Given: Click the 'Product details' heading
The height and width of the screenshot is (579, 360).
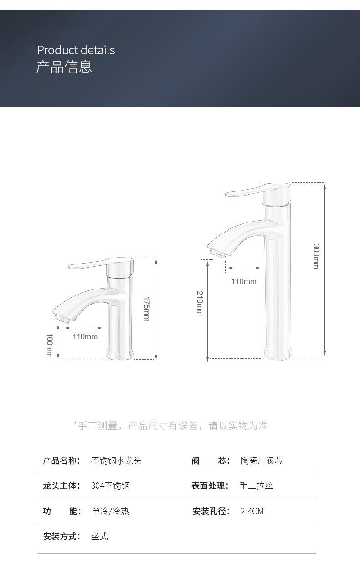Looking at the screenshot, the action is pyautogui.click(x=76, y=50).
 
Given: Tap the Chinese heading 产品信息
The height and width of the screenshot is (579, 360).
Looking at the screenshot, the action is pyautogui.click(x=64, y=67).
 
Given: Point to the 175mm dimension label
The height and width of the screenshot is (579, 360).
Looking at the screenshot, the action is pyautogui.click(x=146, y=309).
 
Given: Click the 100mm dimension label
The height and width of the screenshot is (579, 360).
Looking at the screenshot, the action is pyautogui.click(x=49, y=345).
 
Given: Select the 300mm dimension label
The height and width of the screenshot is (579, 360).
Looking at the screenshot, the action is pyautogui.click(x=315, y=256).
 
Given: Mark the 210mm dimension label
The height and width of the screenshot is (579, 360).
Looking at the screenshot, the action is pyautogui.click(x=199, y=303).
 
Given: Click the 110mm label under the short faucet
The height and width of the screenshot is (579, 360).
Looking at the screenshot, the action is pyautogui.click(x=85, y=336).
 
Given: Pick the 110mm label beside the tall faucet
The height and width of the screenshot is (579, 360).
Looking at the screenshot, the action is pyautogui.click(x=244, y=281).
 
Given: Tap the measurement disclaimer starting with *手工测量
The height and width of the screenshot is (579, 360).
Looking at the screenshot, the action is pyautogui.click(x=171, y=426).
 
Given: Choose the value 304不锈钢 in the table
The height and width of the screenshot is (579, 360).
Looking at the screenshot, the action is pyautogui.click(x=110, y=486).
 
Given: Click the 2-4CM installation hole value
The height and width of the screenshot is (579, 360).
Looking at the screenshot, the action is pyautogui.click(x=252, y=511).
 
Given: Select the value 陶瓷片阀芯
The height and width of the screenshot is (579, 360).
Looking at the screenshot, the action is pyautogui.click(x=262, y=460).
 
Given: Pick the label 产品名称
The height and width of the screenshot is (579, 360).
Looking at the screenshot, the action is pyautogui.click(x=62, y=460).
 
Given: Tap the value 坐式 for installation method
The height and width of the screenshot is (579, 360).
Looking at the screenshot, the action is pyautogui.click(x=99, y=536).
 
